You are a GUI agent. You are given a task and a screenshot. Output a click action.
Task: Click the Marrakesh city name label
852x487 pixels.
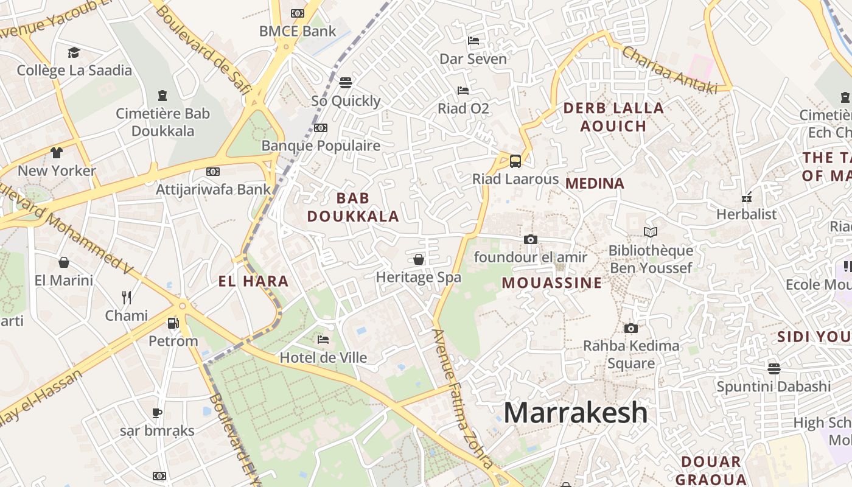575,413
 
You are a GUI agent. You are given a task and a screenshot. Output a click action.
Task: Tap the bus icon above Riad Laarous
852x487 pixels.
515,161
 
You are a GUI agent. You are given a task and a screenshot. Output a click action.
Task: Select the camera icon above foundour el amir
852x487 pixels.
531,240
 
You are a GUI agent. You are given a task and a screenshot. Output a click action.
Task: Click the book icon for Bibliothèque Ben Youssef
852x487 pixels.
651,233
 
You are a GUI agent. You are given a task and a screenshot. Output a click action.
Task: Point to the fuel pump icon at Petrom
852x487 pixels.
173,323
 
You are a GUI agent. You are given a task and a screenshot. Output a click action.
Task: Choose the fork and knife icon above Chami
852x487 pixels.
127,298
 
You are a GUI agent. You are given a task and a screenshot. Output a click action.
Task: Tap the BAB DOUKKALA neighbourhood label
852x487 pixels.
353,207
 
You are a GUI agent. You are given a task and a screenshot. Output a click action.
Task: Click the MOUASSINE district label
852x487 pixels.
552,282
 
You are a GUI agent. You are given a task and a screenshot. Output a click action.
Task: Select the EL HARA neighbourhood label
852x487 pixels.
253,281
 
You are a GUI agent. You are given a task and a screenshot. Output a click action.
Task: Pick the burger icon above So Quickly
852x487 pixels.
346,82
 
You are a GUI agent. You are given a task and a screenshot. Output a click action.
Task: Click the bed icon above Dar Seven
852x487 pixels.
473,41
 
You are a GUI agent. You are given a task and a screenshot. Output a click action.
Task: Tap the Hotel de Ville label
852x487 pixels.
323,357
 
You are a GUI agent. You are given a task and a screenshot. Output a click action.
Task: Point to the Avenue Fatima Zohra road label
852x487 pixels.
462,399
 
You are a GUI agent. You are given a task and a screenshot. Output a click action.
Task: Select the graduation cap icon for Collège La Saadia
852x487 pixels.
74,52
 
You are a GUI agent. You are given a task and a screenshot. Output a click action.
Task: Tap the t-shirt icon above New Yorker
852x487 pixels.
57,152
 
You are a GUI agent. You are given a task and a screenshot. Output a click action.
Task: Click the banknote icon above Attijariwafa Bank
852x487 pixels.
213,172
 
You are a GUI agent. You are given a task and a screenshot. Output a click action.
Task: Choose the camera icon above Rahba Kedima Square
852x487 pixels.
631,329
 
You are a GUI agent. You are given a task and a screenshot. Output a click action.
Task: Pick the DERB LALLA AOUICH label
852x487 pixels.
613,117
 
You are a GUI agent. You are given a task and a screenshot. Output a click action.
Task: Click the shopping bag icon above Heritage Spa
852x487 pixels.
419,260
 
